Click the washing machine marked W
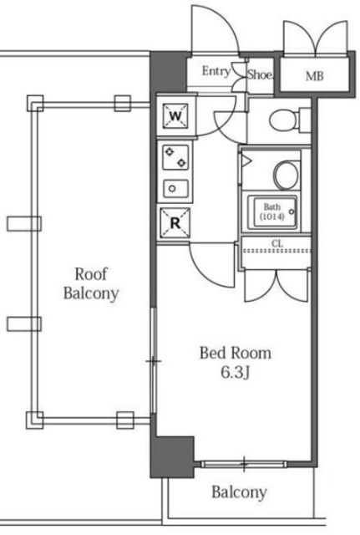coord(175,116)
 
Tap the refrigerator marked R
coord(175,223)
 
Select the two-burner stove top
coord(175,157)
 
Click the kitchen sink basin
coord(175,188)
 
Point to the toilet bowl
coord(282,120)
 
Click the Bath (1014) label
coord(272,211)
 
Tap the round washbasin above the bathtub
coord(286,175)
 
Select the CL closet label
coord(277,243)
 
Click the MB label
coord(314,76)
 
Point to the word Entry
coord(216,71)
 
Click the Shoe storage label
coord(260,74)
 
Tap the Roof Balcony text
coord(91,283)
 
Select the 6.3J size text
coord(236,373)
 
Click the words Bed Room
coord(236,353)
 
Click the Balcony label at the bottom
coord(239,492)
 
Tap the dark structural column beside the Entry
coord(169,73)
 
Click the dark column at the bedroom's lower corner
coord(172,457)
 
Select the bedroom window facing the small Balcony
coord(244,464)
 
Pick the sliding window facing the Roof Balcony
coord(154,360)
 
